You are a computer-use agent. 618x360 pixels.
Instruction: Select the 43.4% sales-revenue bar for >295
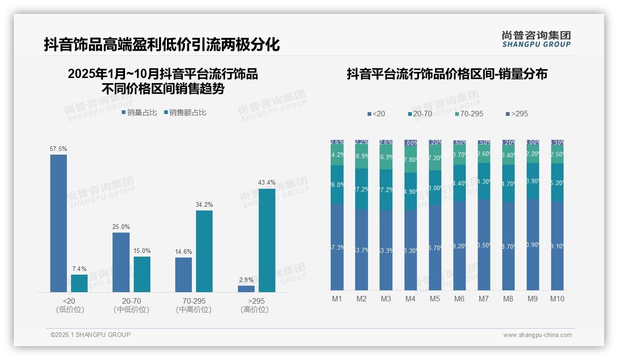pos(267,240)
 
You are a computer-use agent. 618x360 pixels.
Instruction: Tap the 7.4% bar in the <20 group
pos(79,283)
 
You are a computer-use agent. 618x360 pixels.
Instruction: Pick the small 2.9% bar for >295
pos(246,288)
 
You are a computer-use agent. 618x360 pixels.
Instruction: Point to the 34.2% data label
pos(204,204)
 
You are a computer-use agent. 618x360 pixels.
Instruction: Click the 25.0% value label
pos(121,227)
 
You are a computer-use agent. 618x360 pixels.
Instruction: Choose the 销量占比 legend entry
pos(139,113)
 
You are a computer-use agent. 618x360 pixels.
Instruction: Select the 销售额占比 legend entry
pos(185,113)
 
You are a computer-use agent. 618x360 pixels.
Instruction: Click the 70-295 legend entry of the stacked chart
pos(469,114)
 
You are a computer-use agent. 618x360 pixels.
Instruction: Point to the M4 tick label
pos(410,299)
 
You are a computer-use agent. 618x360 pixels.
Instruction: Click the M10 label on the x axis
pos(557,299)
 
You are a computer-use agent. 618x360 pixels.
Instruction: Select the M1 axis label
pos(337,299)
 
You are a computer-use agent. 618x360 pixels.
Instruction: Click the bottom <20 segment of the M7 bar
pos(484,245)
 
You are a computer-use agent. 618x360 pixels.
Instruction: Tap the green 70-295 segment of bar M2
pos(362,156)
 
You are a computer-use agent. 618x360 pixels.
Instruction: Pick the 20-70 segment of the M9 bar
pos(533,181)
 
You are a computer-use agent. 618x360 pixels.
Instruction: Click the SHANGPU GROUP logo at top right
pos(536,39)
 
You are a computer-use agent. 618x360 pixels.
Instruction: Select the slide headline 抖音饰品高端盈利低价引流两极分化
pos(162,45)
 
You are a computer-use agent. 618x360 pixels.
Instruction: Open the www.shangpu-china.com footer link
pos(537,335)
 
